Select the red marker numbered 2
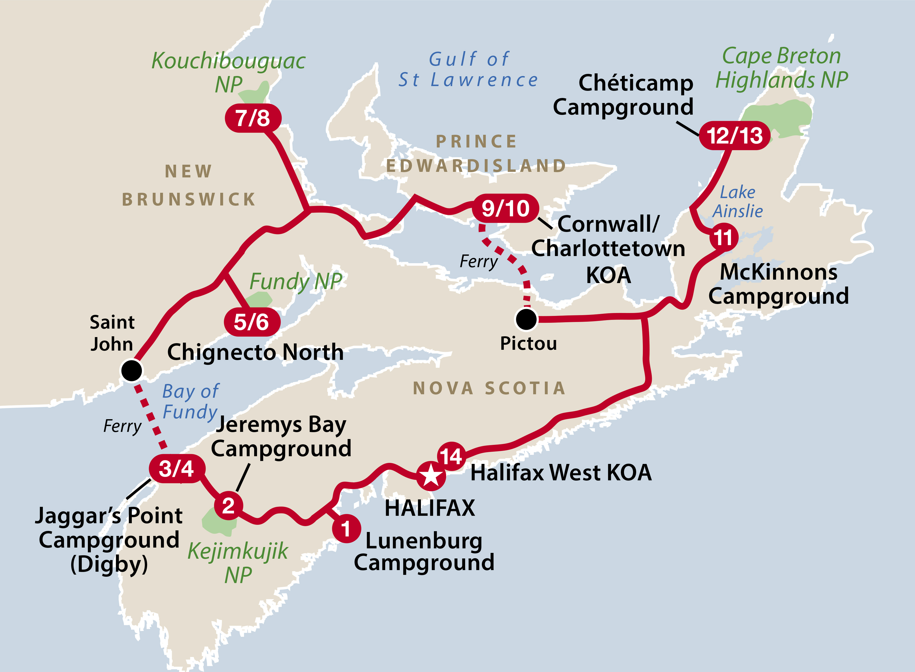coord(228,506)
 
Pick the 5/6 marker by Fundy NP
coord(252,322)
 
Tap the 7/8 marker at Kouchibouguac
coord(253,118)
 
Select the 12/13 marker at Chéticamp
coord(735,136)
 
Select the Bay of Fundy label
coord(190,401)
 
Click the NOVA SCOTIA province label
coord(489,388)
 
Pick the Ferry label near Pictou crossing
coord(479,261)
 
